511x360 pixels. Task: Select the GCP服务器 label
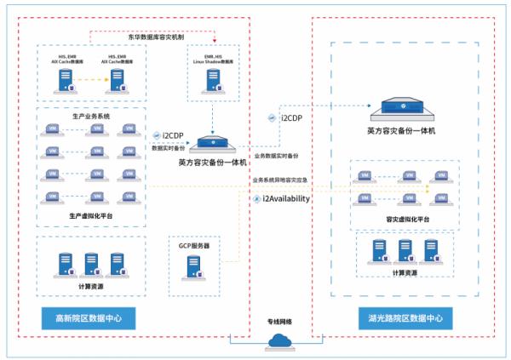(x=194, y=245)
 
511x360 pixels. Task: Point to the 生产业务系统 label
(x=90, y=115)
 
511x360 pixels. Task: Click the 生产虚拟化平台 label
(x=90, y=216)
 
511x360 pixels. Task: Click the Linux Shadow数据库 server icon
(x=212, y=82)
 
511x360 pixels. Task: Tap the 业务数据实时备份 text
(x=276, y=156)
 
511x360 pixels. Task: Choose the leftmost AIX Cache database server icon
(x=66, y=82)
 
